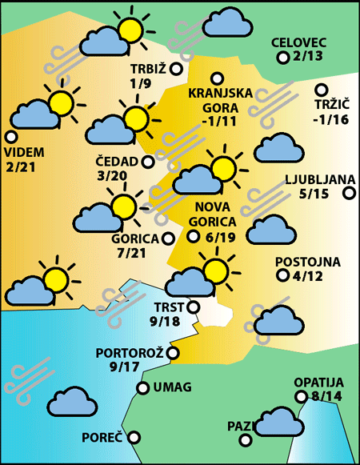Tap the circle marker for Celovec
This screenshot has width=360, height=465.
click(282, 58)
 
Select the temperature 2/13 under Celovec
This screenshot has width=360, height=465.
click(308, 56)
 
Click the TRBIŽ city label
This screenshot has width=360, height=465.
click(146, 69)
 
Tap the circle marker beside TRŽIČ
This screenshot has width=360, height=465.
click(322, 90)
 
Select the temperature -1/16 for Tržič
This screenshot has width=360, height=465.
click(330, 120)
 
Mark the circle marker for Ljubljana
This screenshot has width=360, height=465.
click(349, 193)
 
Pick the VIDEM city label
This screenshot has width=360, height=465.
click(25, 152)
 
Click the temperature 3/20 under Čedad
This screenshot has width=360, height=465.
click(111, 176)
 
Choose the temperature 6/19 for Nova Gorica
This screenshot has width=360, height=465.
click(220, 237)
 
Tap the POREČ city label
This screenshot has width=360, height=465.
click(102, 438)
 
